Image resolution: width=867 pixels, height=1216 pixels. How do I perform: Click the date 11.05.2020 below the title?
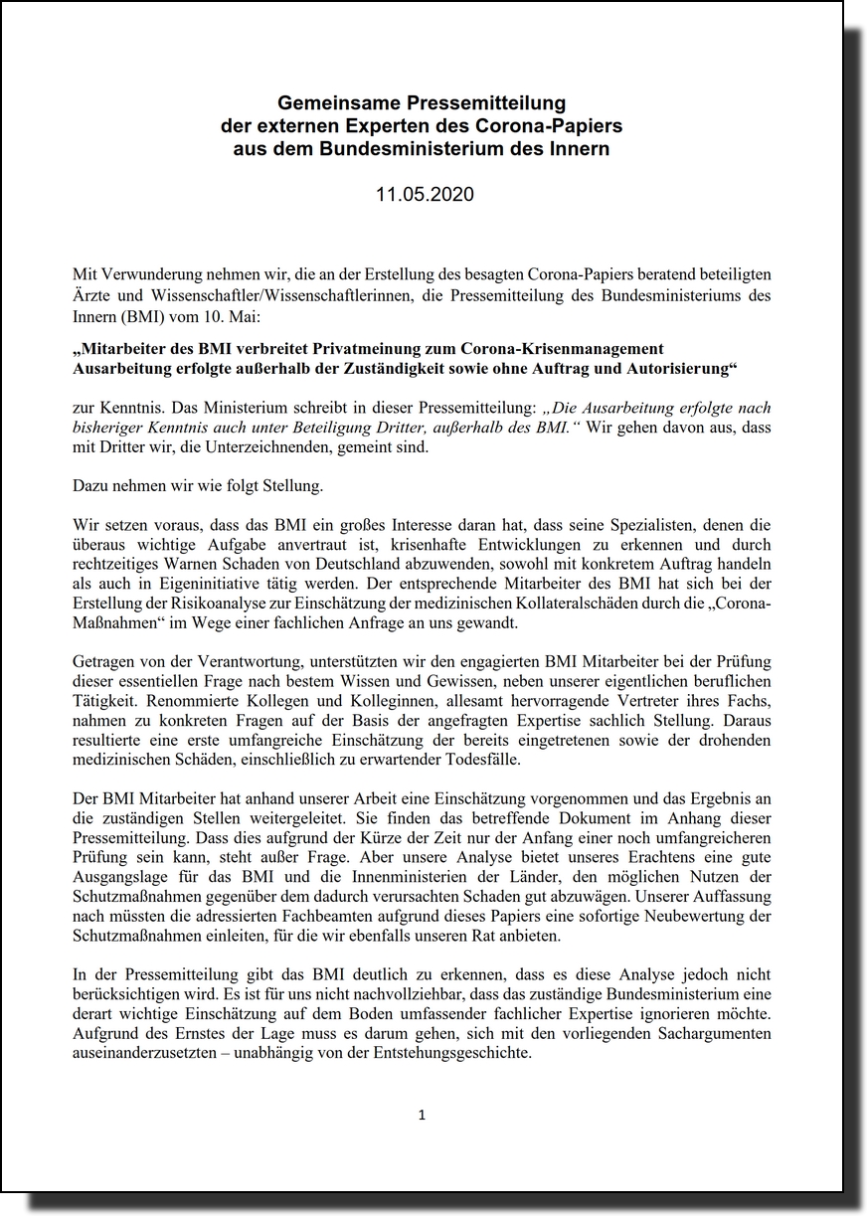coord(425,195)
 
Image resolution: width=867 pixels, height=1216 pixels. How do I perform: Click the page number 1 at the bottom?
coord(422,1116)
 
